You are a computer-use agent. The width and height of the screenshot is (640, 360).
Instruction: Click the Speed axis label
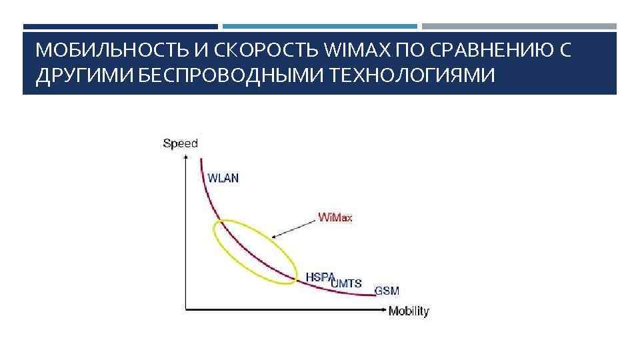click(180, 143)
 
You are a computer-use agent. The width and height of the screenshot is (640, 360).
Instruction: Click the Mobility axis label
click(409, 311)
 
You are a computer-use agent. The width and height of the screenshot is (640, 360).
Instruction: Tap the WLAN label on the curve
click(223, 178)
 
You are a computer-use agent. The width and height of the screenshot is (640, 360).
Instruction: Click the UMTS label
click(347, 283)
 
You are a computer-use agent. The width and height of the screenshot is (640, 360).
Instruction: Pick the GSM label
click(387, 291)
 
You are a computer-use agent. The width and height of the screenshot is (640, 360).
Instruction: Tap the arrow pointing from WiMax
click(293, 228)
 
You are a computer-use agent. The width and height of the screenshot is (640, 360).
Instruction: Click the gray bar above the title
click(519, 27)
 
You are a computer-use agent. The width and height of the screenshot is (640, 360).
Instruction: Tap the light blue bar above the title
click(320, 27)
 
